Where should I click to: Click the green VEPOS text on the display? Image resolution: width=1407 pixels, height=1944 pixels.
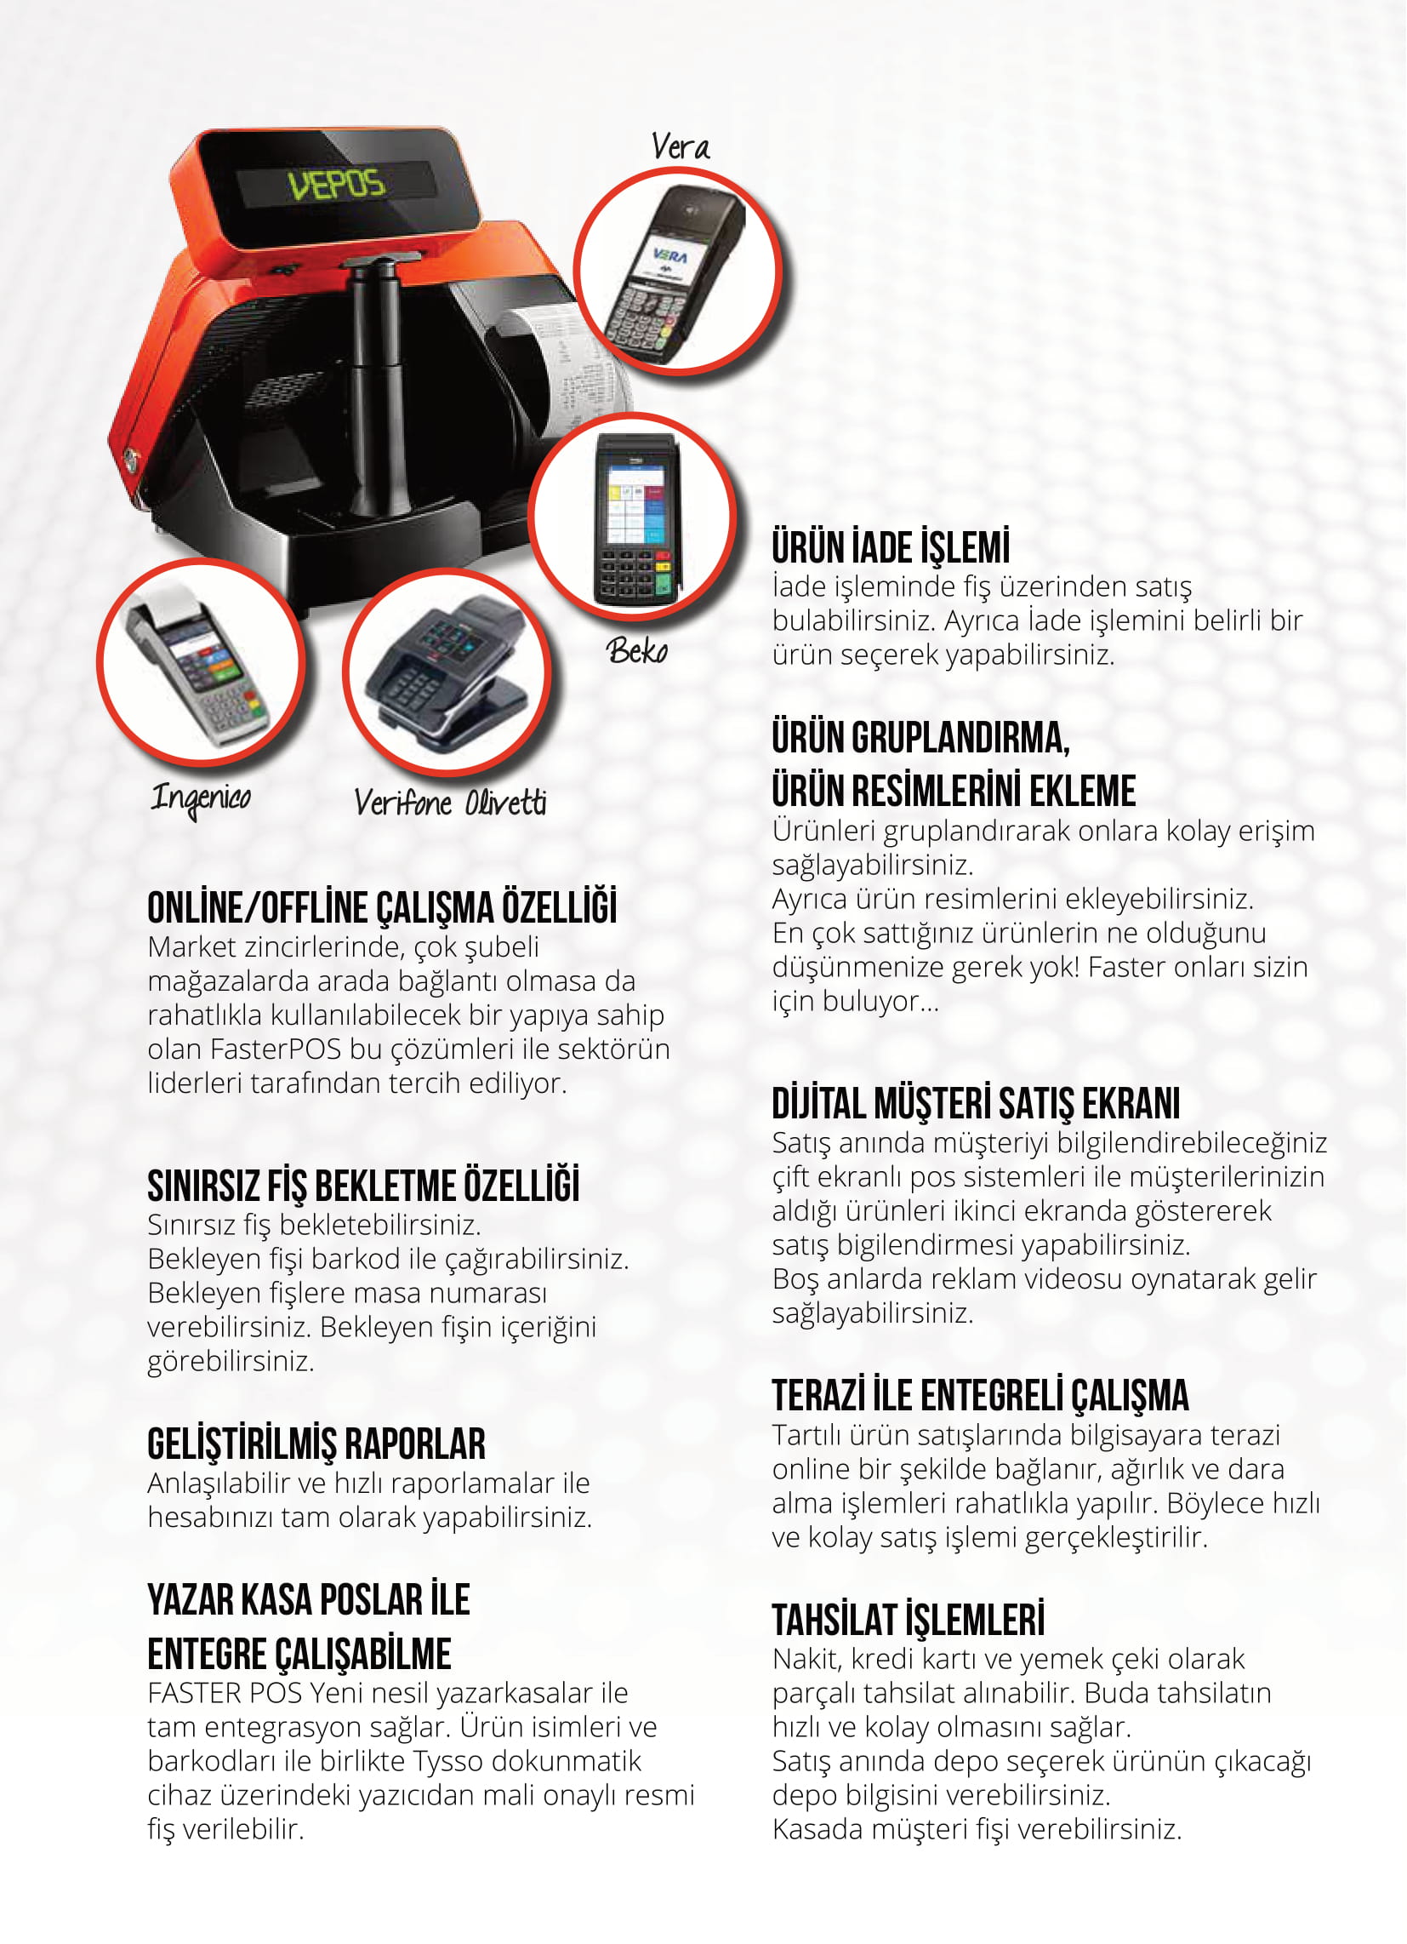point(337,184)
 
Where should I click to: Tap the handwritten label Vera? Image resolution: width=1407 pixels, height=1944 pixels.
point(681,146)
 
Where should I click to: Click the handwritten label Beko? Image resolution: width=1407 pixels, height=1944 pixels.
point(637,650)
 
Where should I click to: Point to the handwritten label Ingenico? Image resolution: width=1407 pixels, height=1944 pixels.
point(201,799)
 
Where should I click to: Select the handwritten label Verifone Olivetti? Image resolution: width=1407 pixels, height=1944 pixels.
point(450,803)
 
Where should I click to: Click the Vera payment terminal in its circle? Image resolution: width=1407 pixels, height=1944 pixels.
point(676,272)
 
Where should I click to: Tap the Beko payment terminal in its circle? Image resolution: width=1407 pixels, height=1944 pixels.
point(635,519)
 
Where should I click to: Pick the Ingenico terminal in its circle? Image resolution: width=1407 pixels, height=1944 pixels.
point(198,664)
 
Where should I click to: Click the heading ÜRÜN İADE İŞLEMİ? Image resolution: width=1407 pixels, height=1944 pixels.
point(891,548)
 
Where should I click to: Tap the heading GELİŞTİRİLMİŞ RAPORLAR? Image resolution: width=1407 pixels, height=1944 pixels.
point(316,1444)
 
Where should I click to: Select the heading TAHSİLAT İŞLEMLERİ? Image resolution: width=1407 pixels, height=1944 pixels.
point(909,1620)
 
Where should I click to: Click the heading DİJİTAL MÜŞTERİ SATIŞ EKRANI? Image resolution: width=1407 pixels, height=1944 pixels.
point(976,1104)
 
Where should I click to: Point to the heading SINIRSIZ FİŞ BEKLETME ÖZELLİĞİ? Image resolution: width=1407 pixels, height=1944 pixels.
point(363,1186)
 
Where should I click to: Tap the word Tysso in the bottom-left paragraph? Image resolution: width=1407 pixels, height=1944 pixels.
point(448,1760)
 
